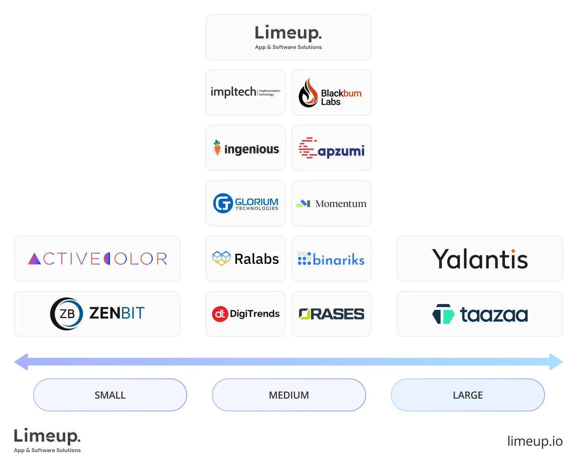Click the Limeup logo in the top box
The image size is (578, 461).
[288, 36]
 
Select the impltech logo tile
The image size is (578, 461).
[246, 92]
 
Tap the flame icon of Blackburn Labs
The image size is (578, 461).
[308, 93]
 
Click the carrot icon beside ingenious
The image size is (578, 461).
[217, 148]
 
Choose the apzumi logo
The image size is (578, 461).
[332, 149]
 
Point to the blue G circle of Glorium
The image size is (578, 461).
[223, 203]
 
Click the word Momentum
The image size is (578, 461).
[341, 204]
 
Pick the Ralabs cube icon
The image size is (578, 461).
[221, 259]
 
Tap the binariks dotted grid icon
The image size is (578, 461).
[304, 259]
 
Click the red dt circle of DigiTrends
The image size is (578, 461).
[220, 314]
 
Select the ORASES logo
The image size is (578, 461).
[332, 314]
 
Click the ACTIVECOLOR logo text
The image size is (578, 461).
[97, 259]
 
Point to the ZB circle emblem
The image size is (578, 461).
[66, 314]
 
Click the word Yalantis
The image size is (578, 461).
[480, 259]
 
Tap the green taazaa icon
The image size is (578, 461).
[443, 314]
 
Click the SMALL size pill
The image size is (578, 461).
[110, 395]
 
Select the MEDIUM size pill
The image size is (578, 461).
[289, 395]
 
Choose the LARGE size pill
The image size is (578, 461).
[467, 395]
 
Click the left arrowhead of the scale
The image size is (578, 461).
[21, 361]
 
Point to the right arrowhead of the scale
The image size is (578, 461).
[556, 361]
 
